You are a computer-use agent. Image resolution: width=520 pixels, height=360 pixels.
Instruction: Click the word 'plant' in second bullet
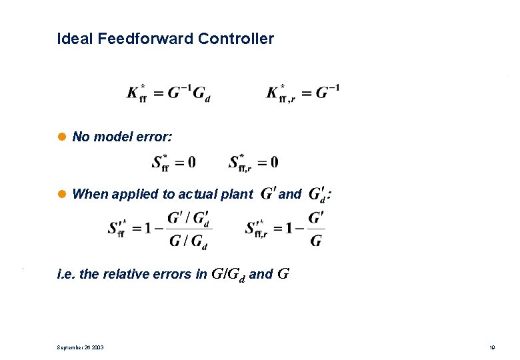tap(237, 195)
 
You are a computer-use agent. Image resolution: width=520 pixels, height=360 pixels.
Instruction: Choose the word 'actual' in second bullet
tap(199, 195)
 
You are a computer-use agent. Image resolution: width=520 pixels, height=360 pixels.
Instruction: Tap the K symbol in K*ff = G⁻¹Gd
tap(133, 93)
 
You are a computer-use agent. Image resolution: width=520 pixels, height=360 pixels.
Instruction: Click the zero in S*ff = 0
tap(191, 161)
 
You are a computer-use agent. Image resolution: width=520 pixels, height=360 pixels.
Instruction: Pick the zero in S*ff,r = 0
tap(274, 161)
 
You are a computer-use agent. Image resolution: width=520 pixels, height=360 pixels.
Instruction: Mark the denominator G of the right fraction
tap(316, 241)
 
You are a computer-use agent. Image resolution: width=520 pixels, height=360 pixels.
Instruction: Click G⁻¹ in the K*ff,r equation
tap(327, 91)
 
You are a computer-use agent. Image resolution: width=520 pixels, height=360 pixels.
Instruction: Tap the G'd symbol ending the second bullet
tap(318, 195)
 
